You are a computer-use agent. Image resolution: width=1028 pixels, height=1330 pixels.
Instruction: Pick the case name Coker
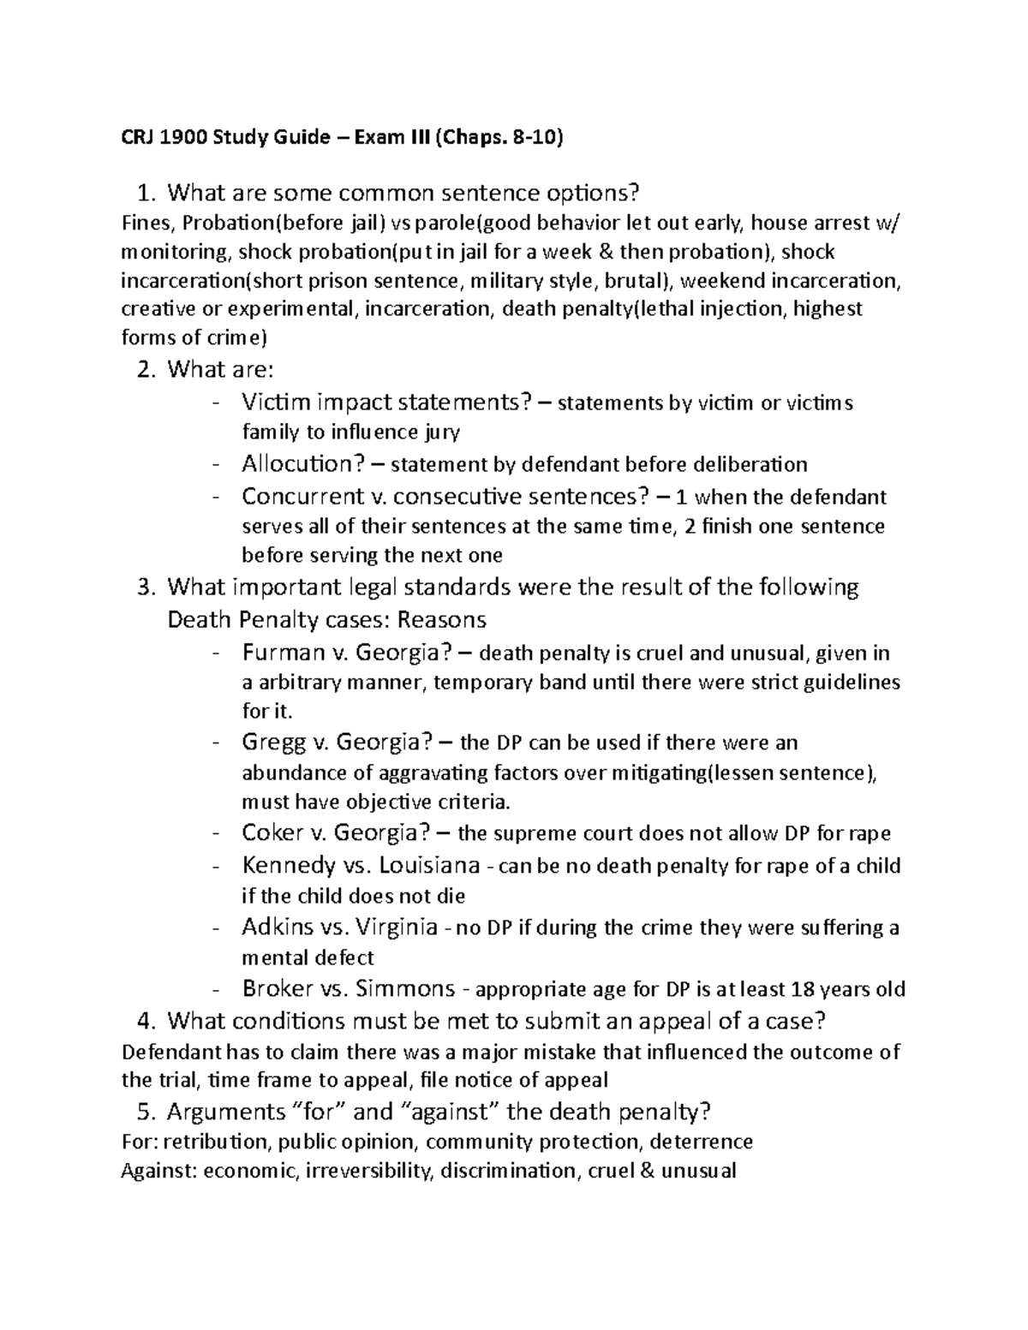[273, 832]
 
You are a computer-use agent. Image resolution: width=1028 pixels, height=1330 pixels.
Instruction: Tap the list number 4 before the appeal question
[146, 1020]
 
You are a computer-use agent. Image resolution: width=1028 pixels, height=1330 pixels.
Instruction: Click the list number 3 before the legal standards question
[146, 587]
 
